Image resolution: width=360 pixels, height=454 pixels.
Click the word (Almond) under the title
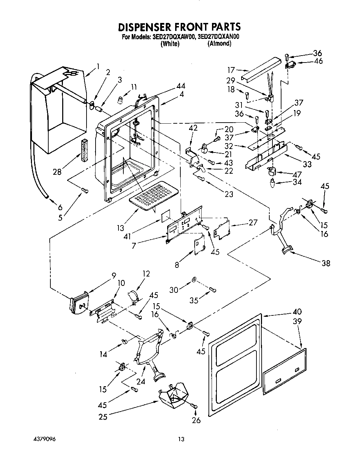tap(219, 44)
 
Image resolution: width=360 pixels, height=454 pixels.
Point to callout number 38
tap(326, 263)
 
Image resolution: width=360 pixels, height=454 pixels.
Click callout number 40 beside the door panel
tap(297, 312)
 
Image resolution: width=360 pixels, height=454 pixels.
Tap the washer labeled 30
tap(194, 280)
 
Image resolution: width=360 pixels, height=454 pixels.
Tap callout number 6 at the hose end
tap(60, 207)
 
